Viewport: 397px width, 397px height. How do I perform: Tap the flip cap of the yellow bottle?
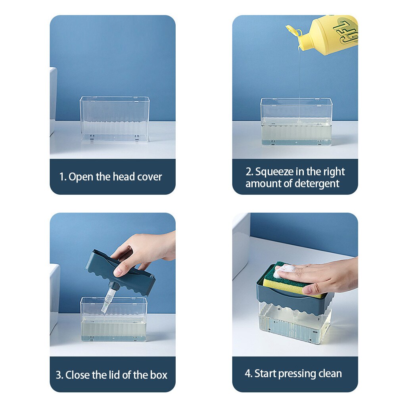[292, 30]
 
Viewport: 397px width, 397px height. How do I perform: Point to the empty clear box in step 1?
[115, 119]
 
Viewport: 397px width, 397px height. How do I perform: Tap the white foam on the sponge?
[284, 270]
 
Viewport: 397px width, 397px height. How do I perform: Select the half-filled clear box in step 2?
[296, 122]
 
